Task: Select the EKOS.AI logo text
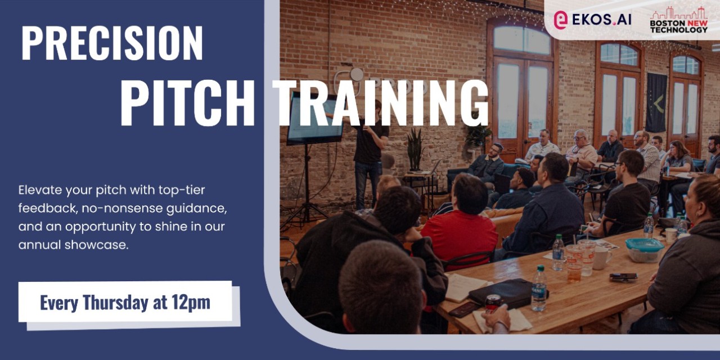tap(600, 20)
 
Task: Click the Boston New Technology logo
tap(678, 20)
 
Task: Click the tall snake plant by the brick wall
tap(415, 149)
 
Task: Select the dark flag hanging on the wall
tap(656, 102)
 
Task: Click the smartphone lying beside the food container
tap(623, 277)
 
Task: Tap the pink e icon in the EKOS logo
tap(560, 20)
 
